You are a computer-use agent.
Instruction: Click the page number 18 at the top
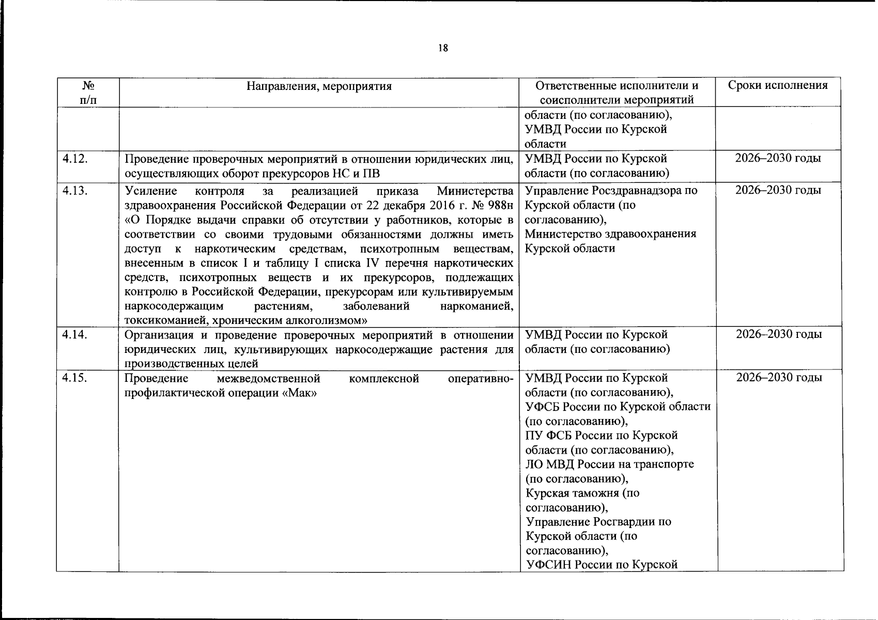[442, 49]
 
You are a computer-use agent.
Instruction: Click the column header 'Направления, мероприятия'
[318, 86]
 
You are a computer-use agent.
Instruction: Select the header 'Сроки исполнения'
[777, 86]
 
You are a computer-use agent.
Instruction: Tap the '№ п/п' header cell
[88, 92]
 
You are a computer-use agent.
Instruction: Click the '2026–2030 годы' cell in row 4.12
[778, 158]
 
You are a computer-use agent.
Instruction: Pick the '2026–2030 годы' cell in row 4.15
[778, 378]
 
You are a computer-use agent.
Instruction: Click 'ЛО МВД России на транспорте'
[609, 464]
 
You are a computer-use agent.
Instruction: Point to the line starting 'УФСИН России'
[601, 565]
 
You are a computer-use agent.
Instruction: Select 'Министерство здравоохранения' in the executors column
[610, 234]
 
